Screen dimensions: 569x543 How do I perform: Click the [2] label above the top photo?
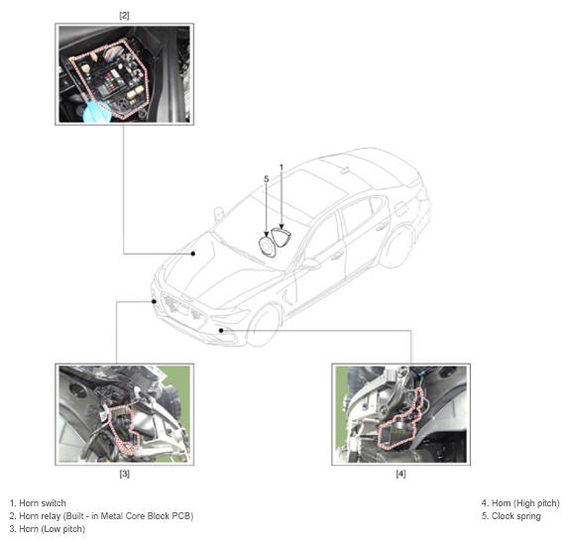124,16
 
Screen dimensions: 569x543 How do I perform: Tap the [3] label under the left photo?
125,474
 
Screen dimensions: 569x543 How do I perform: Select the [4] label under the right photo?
400,474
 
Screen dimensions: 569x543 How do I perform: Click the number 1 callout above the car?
282,167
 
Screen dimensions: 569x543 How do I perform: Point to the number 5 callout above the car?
267,179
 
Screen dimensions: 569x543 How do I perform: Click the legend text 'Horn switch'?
43,503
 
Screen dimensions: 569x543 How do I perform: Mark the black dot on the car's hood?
193,254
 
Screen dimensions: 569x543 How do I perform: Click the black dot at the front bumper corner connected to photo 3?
155,301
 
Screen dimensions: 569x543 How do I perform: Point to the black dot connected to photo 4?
221,330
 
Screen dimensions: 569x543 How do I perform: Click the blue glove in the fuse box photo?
95,111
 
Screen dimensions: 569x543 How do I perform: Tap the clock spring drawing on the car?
267,247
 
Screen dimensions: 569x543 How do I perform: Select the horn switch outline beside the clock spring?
282,237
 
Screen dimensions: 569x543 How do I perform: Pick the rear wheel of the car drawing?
398,248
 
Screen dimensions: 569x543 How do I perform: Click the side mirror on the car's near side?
311,265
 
